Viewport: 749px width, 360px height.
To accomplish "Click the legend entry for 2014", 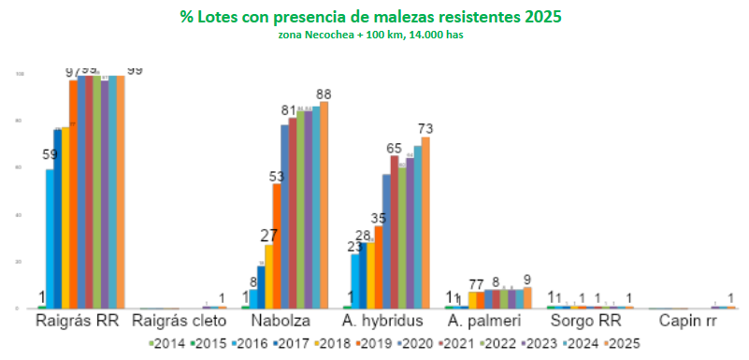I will (166, 343).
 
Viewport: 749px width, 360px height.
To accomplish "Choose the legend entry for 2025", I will (618, 343).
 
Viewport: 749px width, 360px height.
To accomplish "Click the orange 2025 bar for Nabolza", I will (324, 205).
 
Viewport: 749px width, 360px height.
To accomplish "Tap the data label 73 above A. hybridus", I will (425, 128).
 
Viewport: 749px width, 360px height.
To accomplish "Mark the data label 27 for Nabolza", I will (268, 236).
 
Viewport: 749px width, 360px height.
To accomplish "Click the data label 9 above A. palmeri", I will (528, 277).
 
